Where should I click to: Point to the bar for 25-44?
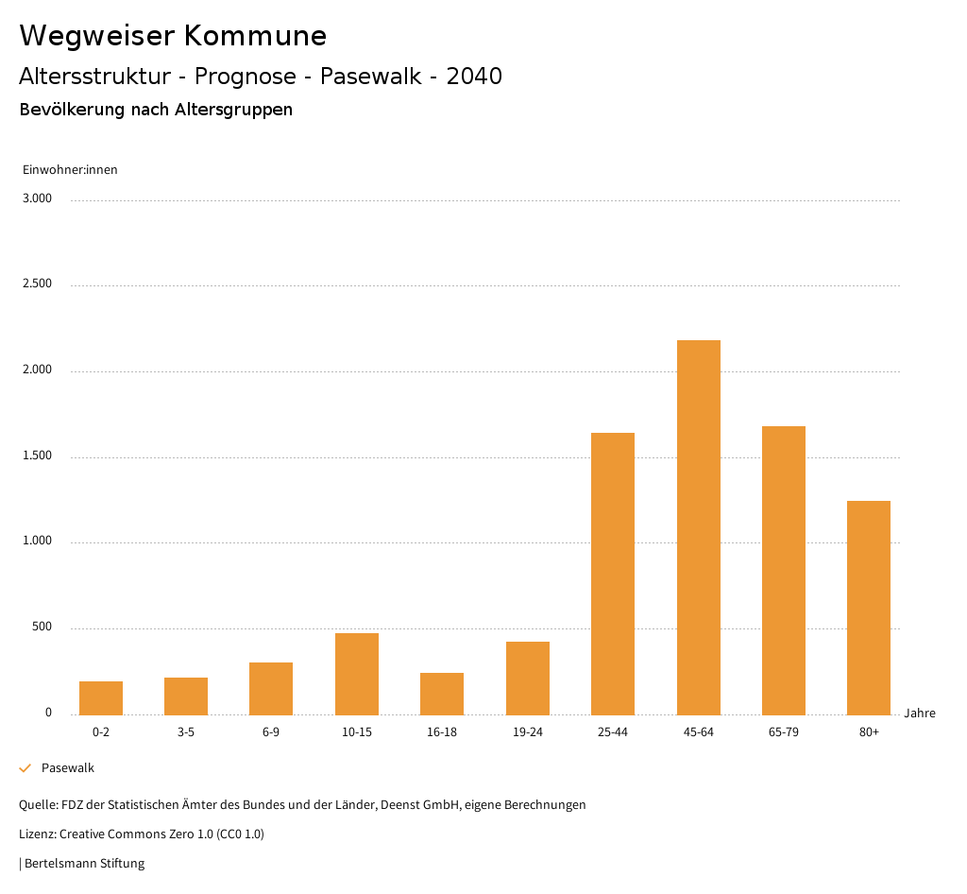613,574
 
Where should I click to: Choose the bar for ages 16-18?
442,694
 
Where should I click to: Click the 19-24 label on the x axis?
527,732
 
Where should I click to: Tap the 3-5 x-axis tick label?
186,732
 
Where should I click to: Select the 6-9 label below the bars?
271,732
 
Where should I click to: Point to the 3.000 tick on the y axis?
38,198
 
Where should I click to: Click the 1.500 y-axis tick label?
38,456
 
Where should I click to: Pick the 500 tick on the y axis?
42,628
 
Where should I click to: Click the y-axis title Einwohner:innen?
70,170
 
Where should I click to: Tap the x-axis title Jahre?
920,713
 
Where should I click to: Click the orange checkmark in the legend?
25,768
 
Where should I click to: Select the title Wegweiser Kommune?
173,36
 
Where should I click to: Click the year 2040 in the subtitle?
474,77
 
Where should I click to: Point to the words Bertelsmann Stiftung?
84,863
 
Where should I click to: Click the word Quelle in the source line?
37,805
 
